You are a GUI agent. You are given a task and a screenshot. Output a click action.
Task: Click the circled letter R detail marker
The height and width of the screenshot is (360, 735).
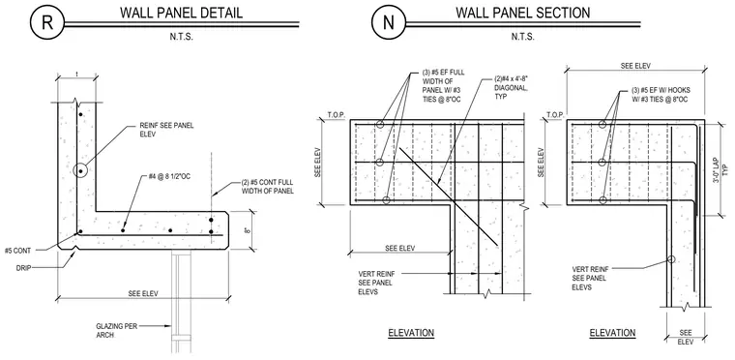47,22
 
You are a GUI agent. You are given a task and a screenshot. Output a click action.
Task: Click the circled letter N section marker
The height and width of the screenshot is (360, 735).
389,22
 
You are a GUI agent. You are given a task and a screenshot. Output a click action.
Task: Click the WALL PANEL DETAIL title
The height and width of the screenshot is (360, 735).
182,13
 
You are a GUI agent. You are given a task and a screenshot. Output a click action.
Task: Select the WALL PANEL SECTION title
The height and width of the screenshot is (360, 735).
522,13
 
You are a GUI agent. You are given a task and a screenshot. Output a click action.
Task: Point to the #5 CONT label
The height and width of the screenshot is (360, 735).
17,251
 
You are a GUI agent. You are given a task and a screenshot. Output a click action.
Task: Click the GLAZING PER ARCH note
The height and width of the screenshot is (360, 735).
117,330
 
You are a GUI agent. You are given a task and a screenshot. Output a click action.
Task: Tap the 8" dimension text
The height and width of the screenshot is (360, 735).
247,230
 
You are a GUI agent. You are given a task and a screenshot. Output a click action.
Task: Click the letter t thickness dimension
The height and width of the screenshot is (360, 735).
76,74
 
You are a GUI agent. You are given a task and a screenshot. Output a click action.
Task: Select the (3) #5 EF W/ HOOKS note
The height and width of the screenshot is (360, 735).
660,94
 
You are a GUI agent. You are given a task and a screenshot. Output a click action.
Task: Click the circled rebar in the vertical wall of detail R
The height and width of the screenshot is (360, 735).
80,171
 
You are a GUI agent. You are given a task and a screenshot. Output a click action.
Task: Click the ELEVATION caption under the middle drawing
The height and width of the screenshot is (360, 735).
411,333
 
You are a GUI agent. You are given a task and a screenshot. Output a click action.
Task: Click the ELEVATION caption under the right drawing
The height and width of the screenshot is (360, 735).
612,333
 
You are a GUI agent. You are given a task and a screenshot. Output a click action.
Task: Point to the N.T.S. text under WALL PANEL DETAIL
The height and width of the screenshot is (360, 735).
182,36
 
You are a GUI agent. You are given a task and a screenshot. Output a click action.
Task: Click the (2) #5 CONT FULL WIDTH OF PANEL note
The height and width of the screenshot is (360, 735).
268,187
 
